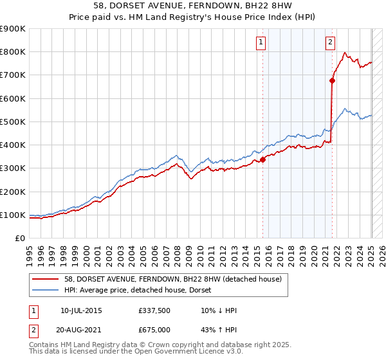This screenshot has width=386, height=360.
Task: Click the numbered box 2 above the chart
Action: coord(330,42)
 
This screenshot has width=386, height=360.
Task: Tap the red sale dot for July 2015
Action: coord(262,160)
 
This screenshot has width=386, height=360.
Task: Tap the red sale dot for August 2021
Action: coord(333,81)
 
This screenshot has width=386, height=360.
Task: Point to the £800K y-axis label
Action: coord(13,52)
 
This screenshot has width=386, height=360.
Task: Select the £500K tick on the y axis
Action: coord(13,122)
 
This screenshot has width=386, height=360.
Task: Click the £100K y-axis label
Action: coord(13,215)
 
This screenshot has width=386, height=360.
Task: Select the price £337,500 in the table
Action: coord(154,310)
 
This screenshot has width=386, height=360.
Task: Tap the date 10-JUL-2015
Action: coord(81,310)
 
